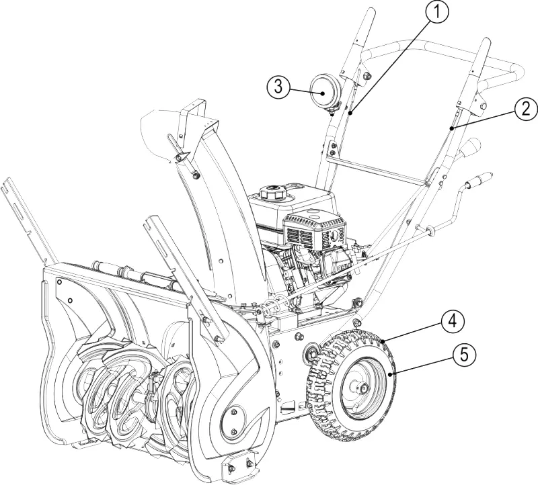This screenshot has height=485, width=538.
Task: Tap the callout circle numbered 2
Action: pos(526,109)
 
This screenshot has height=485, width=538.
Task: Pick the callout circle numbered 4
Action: pos(453,322)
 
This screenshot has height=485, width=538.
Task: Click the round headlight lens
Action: pos(324,91)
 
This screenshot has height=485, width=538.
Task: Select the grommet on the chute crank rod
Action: pos(430,230)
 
